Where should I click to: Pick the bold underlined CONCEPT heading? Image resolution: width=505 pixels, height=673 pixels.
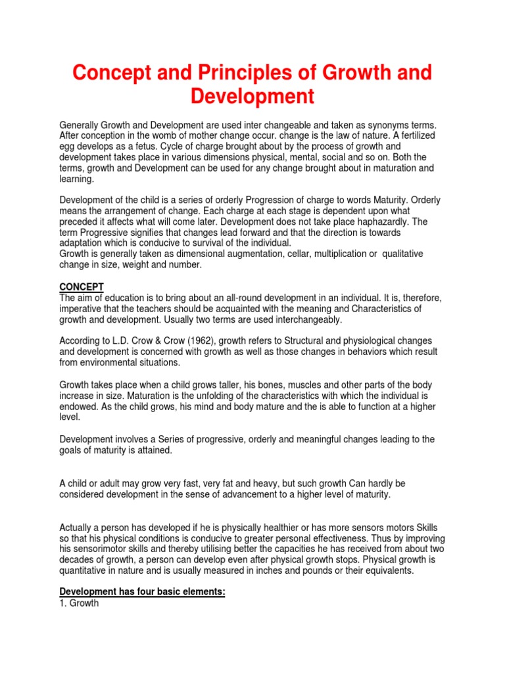click(82, 287)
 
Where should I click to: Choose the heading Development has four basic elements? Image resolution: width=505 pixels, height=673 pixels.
click(143, 592)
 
